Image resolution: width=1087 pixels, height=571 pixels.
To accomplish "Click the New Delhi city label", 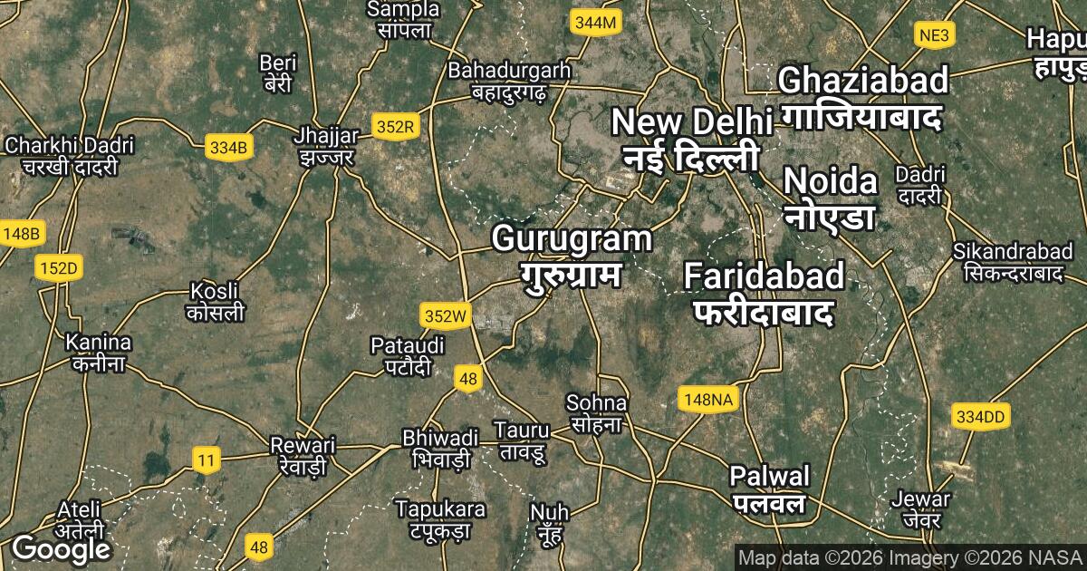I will click(691, 138).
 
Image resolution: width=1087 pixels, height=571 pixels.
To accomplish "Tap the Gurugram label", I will click(572, 256).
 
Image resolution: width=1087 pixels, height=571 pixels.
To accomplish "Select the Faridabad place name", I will click(764, 293).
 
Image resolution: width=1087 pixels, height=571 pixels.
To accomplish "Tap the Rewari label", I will click(303, 455).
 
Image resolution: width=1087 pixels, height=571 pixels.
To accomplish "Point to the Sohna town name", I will click(596, 411).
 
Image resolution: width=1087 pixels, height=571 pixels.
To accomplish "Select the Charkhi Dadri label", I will click(69, 155).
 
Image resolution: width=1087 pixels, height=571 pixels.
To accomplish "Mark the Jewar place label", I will click(920, 509).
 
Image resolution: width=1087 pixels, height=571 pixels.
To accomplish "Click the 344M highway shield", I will click(594, 23).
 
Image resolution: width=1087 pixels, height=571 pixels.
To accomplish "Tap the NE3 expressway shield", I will click(935, 35).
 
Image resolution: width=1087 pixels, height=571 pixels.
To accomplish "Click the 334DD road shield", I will click(981, 417).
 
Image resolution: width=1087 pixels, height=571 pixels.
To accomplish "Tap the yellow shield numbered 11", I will click(207, 460).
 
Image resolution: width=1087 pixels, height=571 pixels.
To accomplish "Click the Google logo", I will click(61, 549).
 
